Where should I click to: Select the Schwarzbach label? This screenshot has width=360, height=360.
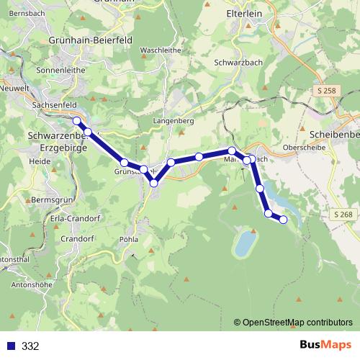coord(238,63)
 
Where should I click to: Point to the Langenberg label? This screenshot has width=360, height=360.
coord(174,122)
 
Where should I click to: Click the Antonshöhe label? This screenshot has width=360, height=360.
coord(33,284)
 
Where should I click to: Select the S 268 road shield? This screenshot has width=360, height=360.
coord(343,215)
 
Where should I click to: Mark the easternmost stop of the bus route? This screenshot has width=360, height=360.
coord(283,219)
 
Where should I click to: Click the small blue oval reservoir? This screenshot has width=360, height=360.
coord(245,243)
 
